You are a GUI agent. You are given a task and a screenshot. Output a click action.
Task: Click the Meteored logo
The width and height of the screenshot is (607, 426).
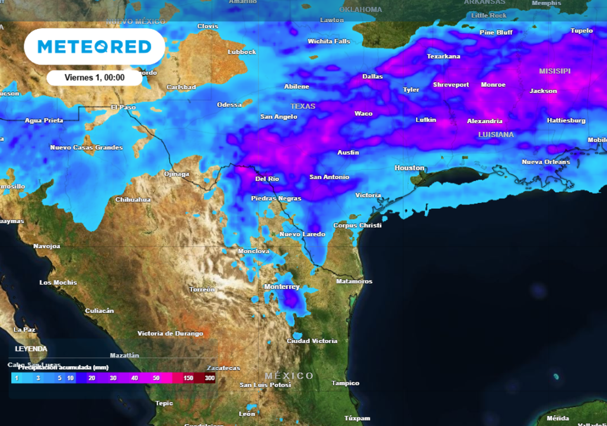pos(94,47)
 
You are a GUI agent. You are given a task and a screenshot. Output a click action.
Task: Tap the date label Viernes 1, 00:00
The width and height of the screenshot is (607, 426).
pos(94,78)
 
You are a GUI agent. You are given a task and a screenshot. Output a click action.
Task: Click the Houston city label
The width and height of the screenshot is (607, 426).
pos(410,168)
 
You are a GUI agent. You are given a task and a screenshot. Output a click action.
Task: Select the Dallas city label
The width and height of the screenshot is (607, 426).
pos(372,76)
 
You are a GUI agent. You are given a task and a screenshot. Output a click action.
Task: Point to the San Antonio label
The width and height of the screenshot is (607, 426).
pos(329,177)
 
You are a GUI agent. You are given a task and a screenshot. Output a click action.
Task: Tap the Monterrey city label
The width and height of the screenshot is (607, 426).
pos(282,287)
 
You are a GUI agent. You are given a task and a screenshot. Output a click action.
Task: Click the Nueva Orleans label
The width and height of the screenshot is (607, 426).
pos(545,162)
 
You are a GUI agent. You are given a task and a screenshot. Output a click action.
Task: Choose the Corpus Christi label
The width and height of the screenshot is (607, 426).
pos(357,225)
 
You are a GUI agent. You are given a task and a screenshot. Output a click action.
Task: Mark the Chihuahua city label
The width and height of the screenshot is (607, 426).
pos(133,199)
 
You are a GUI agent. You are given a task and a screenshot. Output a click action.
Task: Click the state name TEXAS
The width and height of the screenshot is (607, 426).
pos(303,106)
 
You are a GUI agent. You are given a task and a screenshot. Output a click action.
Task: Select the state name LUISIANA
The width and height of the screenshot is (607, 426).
pos(496,135)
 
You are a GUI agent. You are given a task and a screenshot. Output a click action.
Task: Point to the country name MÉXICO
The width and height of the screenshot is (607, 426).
pos(289,376)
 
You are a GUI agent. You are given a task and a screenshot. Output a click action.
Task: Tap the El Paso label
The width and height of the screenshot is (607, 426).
pos(123,107)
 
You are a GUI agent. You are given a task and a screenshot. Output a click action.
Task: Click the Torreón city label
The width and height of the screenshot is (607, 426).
pos(202,289)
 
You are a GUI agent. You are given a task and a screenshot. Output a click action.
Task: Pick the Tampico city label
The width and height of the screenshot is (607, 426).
pos(345,383)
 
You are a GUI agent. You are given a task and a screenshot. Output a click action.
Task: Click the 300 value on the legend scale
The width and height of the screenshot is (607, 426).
pos(209,377)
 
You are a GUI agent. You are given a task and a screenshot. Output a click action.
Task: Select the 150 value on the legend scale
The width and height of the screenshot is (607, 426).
pos(189,377)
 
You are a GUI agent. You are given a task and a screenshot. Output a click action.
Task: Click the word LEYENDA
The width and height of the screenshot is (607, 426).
pos(31,349)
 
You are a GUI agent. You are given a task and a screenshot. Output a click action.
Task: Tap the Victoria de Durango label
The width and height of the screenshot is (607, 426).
pos(170,334)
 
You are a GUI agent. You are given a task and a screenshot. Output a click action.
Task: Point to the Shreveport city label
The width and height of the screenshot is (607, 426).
pos(451,85)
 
